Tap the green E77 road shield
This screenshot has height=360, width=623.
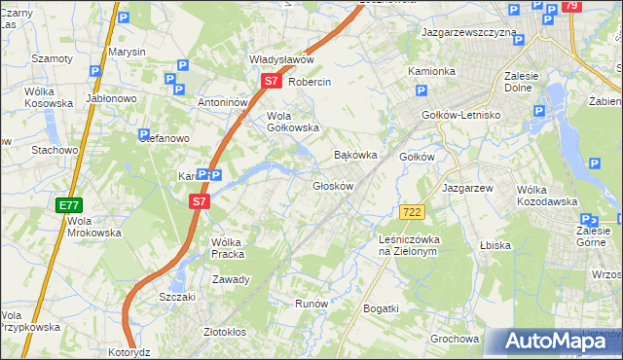click(x=68, y=205)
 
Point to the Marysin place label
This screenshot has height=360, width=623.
click(x=128, y=51)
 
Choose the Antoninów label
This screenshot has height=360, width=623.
click(x=223, y=102)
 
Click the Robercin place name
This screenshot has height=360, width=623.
click(x=310, y=83)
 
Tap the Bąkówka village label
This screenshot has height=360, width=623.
click(x=355, y=155)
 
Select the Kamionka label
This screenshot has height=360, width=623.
click(x=431, y=71)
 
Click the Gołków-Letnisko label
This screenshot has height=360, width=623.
click(x=460, y=114)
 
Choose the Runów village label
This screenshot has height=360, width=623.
click(x=311, y=304)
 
